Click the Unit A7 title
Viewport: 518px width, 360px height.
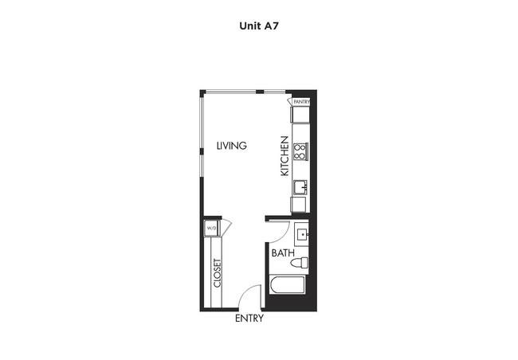click(x=259, y=25)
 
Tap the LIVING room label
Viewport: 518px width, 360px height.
click(x=232, y=145)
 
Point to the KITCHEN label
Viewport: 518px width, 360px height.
click(x=285, y=156)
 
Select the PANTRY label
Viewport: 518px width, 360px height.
click(x=301, y=102)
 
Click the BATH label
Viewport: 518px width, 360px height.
click(x=283, y=253)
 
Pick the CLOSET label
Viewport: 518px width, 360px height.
click(x=217, y=273)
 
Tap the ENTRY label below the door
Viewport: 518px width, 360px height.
click(x=249, y=319)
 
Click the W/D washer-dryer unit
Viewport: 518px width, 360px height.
click(x=210, y=228)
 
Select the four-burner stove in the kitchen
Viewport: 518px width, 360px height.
click(x=300, y=151)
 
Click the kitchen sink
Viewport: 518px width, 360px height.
click(x=300, y=187)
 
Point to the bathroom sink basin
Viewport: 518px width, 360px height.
click(x=302, y=234)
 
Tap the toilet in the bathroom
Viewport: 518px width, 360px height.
click(x=300, y=263)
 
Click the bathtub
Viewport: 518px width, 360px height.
click(x=287, y=285)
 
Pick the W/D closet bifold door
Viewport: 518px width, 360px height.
click(x=226, y=227)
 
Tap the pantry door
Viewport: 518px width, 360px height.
click(x=290, y=100)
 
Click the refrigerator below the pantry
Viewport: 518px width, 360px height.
click(x=300, y=114)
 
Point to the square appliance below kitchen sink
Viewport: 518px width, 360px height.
click(x=299, y=205)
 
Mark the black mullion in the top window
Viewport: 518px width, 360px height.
click(x=260, y=92)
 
